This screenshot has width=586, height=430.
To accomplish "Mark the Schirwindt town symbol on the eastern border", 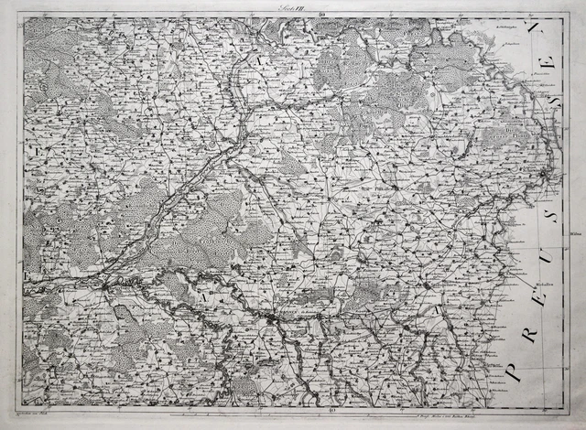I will (x=546, y=174).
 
